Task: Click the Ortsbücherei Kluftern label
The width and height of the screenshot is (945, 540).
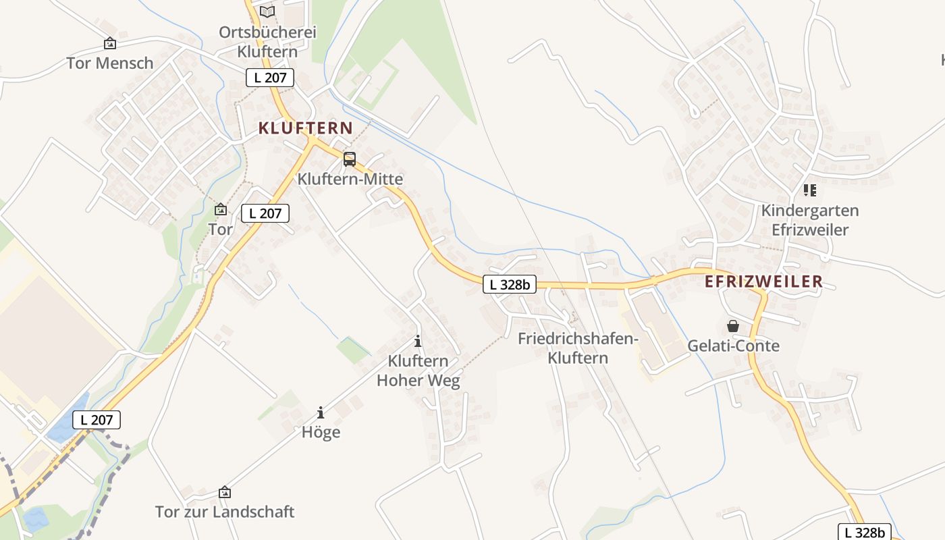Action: tap(267, 42)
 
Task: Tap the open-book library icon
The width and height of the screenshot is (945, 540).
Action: tap(267, 11)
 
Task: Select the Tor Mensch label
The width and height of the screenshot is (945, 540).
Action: tap(110, 63)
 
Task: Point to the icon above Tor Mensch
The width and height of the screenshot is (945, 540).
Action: tap(109, 44)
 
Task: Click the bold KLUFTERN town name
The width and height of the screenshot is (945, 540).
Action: tap(306, 128)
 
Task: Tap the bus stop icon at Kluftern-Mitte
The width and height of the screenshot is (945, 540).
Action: tap(349, 159)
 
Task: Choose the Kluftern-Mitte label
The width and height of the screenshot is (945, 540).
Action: tap(350, 180)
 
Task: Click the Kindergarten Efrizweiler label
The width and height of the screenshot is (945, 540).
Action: tap(810, 220)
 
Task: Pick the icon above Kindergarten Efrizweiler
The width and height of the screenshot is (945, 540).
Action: tap(810, 190)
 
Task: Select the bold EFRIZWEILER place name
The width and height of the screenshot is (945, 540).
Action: tap(764, 282)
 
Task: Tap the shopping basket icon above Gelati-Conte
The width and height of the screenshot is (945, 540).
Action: tap(733, 327)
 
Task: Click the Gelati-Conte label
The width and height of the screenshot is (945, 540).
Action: tap(733, 346)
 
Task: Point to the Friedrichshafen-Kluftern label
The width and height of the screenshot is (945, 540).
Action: tap(578, 348)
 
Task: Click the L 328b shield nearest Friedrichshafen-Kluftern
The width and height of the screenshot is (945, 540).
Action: tap(510, 285)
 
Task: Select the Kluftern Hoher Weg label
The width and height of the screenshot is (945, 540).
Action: tap(418, 371)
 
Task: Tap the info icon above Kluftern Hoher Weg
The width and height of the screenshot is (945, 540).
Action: tap(418, 341)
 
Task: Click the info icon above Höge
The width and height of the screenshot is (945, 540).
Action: tap(321, 412)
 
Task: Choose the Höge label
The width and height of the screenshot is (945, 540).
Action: tap(321, 433)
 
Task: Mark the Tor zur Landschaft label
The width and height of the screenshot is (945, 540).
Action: tap(225, 512)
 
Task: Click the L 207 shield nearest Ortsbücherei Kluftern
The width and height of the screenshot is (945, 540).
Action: tap(270, 78)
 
